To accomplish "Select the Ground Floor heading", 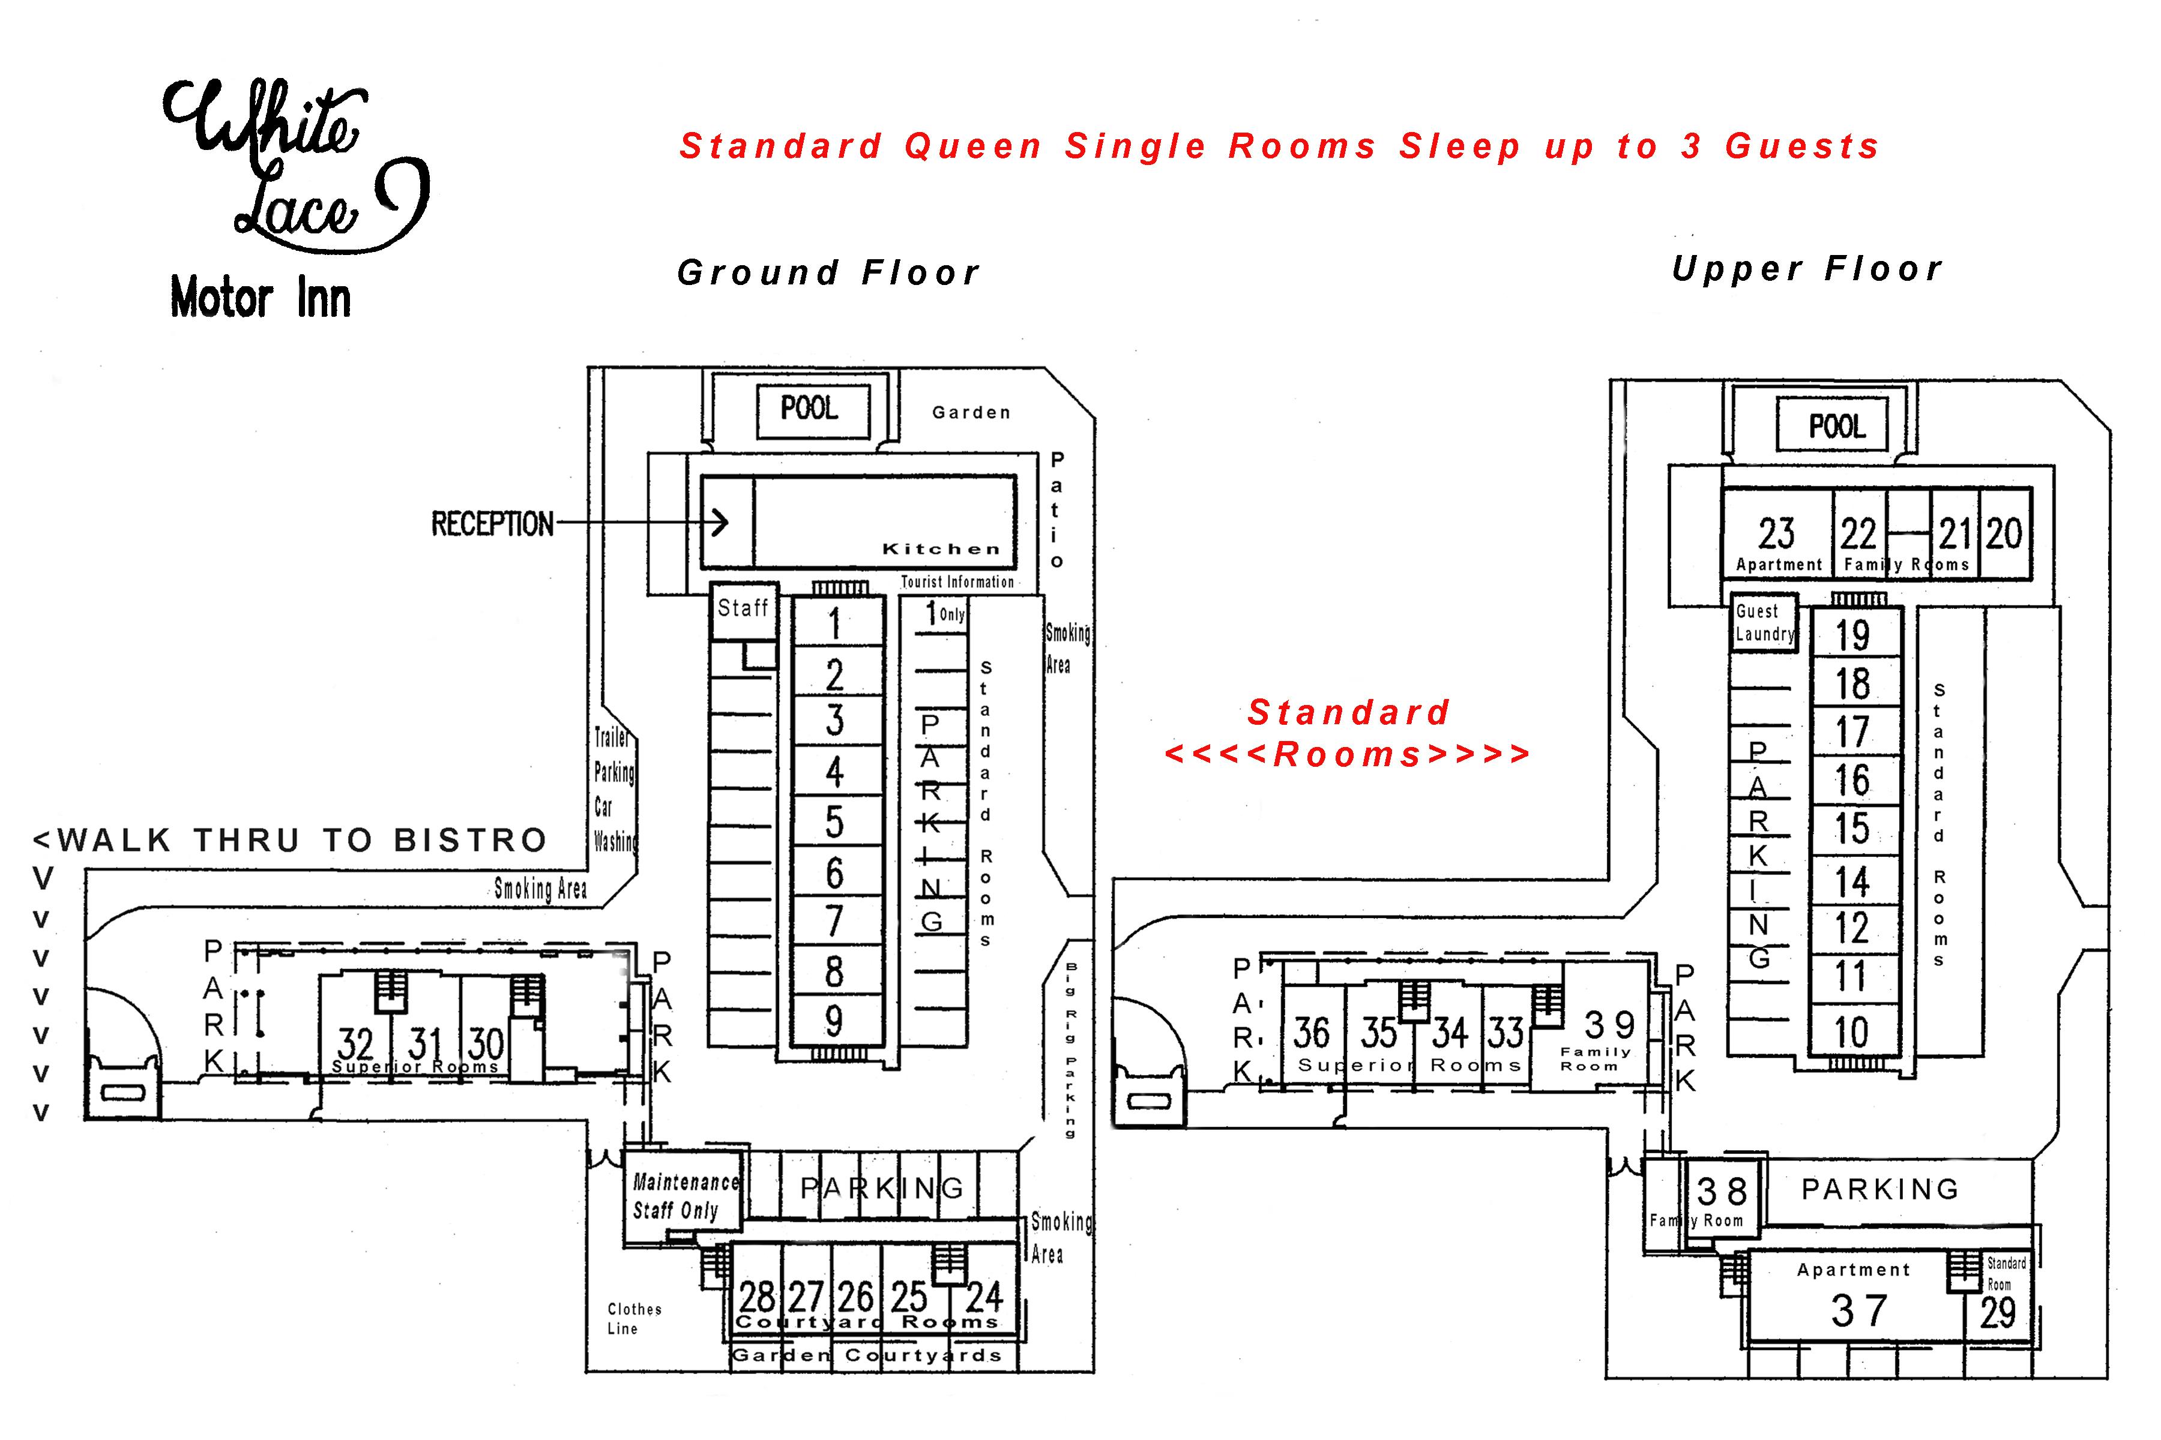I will click(x=828, y=273).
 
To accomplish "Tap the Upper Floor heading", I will click(x=1806, y=269).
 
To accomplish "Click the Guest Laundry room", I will click(x=1763, y=623).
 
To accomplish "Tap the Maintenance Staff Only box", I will click(x=684, y=1196).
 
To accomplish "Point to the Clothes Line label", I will click(x=634, y=1318).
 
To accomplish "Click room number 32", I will click(x=355, y=1043).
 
